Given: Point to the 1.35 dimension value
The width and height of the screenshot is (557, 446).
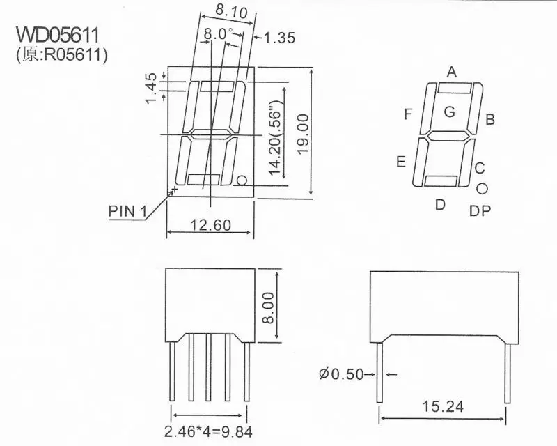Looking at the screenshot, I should pyautogui.click(x=277, y=38).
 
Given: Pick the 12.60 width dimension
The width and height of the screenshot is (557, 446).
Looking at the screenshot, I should pyautogui.click(x=210, y=224).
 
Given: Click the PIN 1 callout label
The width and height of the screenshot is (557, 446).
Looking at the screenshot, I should pyautogui.click(x=129, y=210).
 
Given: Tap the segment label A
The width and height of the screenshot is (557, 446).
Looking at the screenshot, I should pyautogui.click(x=452, y=71).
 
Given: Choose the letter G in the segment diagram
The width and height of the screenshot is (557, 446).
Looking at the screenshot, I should pyautogui.click(x=450, y=111).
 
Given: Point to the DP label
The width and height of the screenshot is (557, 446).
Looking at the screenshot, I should pyautogui.click(x=480, y=210).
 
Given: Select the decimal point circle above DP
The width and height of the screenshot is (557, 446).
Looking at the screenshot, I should pyautogui.click(x=482, y=188).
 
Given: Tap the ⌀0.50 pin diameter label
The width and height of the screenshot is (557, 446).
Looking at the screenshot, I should pyautogui.click(x=342, y=374).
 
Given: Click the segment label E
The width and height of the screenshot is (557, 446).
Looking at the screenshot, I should pyautogui.click(x=401, y=162).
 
